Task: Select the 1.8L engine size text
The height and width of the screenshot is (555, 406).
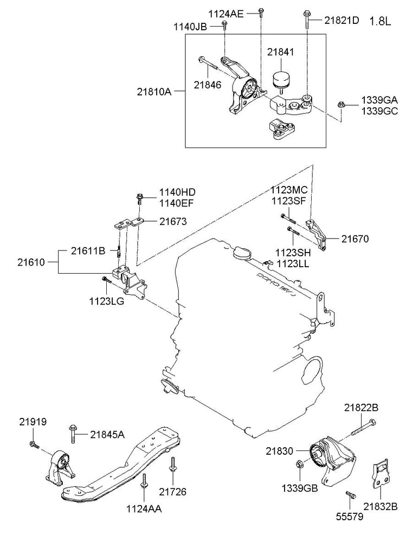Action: [381, 22]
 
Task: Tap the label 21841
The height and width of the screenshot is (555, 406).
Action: [280, 52]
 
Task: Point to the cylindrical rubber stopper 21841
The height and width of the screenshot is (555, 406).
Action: [281, 79]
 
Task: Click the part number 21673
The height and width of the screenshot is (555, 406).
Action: [173, 221]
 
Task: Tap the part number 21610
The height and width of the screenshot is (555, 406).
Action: [30, 262]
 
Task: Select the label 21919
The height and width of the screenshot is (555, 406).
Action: [34, 421]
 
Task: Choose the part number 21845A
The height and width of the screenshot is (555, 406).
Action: [107, 434]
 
